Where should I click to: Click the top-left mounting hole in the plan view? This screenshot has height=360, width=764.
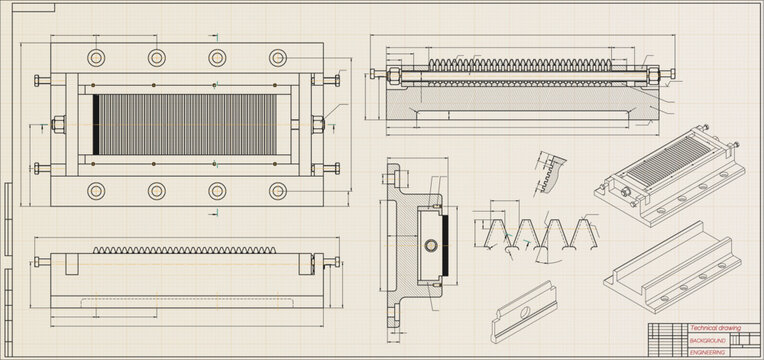click(x=98, y=56)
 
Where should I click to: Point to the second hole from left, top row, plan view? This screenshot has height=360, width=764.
click(x=156, y=56)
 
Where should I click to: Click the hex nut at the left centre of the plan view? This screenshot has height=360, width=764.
click(x=57, y=124)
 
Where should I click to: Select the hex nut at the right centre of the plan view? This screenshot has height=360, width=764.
click(x=318, y=124)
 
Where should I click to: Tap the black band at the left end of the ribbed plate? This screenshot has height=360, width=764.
click(x=95, y=124)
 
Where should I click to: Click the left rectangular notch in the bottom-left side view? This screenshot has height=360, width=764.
click(x=69, y=265)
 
